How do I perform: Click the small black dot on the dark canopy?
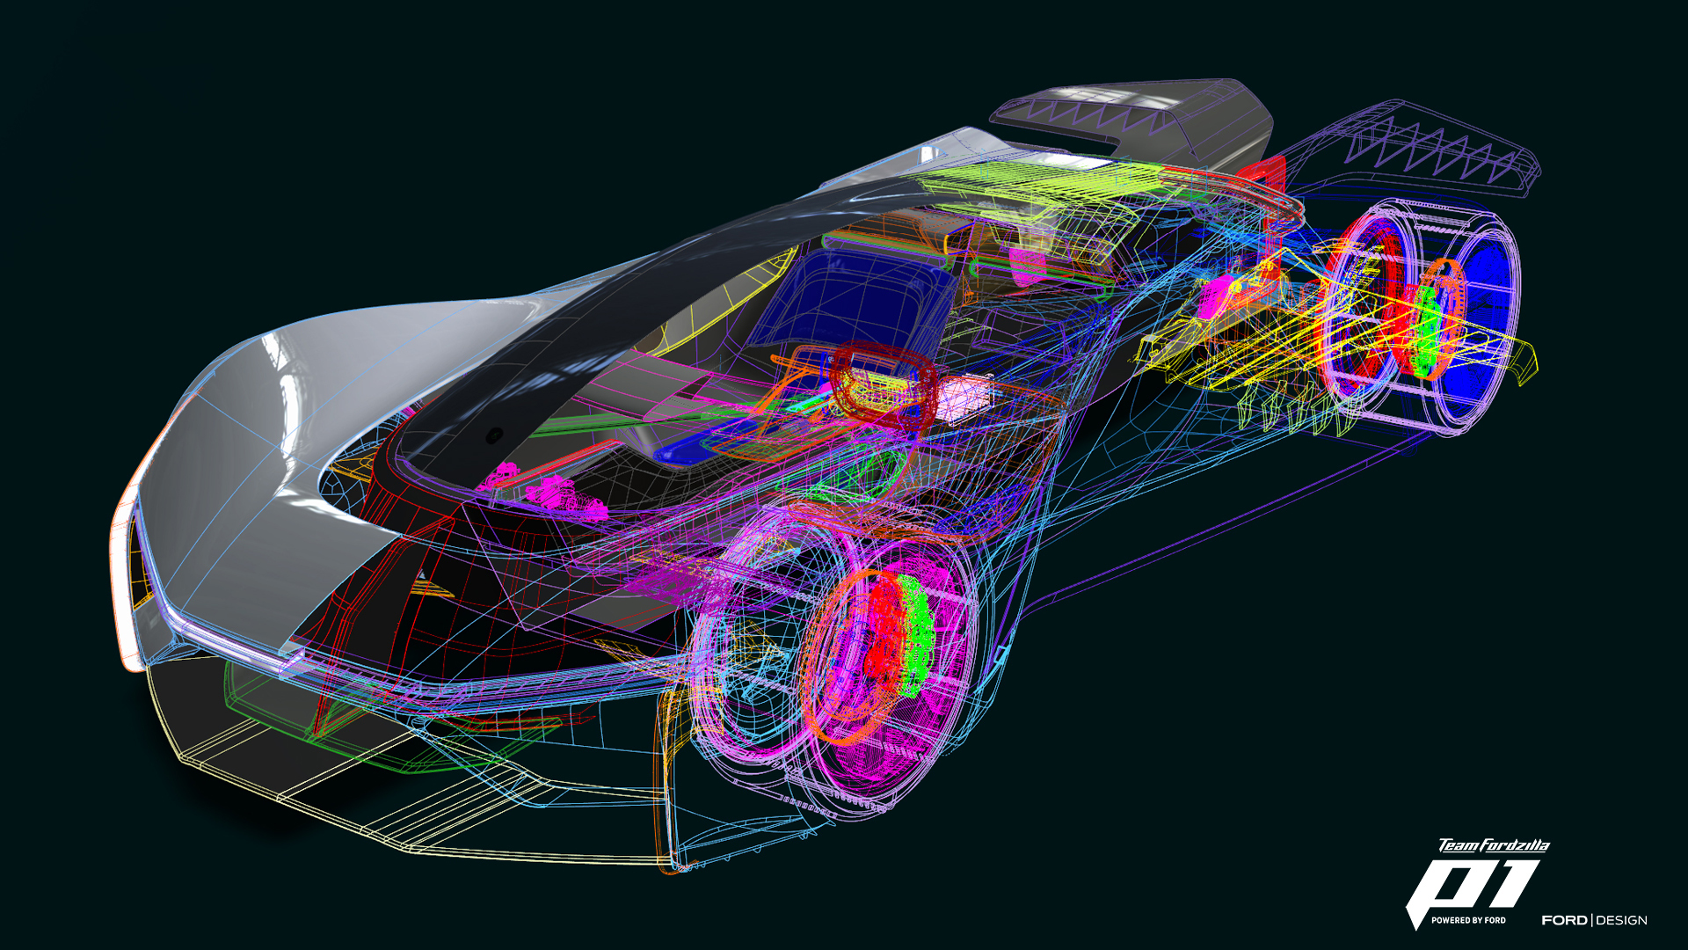coord(495,435)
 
